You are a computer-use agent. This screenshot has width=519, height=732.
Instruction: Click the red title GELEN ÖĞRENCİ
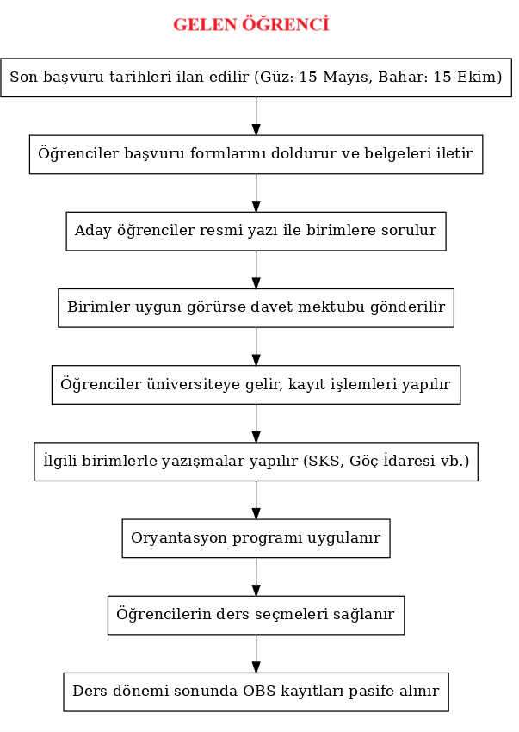pyautogui.click(x=251, y=24)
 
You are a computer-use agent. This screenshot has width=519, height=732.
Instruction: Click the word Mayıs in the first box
pyautogui.click(x=348, y=77)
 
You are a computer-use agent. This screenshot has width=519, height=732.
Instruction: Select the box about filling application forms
pyautogui.click(x=256, y=154)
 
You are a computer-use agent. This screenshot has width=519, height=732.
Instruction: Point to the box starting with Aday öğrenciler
pyautogui.click(x=256, y=231)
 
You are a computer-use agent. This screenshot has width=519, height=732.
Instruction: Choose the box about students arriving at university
pyautogui.click(x=256, y=385)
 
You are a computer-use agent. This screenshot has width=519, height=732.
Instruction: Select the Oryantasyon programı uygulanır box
pyautogui.click(x=256, y=538)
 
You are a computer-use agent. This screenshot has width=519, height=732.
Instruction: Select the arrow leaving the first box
pyautogui.click(x=256, y=116)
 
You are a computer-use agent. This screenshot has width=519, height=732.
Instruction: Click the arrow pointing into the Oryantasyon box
pyautogui.click(x=256, y=500)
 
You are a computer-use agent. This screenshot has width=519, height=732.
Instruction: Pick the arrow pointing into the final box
pyautogui.click(x=256, y=654)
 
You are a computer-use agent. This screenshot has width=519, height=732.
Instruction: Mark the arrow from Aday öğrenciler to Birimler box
pyautogui.click(x=256, y=270)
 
